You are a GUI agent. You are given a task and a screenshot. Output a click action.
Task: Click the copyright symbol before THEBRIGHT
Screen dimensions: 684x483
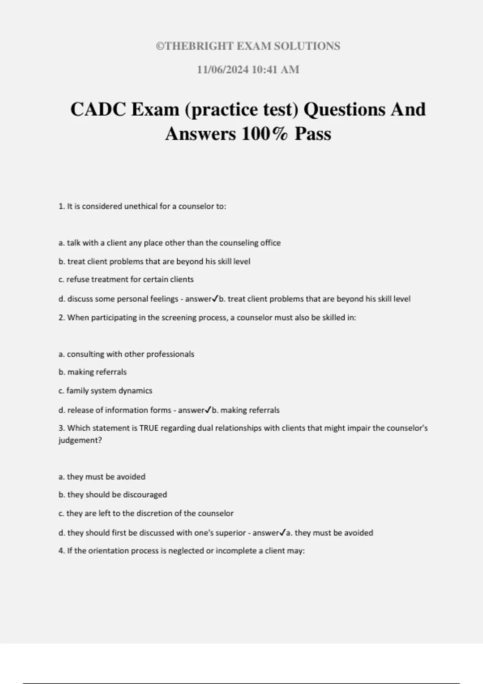tap(160, 46)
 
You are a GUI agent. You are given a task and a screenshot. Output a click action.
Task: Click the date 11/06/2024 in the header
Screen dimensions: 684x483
tap(223, 70)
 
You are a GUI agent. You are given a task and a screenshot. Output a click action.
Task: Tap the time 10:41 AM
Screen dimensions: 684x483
tap(275, 70)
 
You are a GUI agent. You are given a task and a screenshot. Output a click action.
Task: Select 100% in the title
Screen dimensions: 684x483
tap(265, 134)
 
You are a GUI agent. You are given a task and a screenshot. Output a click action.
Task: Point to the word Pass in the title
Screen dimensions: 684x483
tap(313, 134)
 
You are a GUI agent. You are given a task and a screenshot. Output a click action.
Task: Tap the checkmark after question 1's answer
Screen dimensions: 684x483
tap(215, 299)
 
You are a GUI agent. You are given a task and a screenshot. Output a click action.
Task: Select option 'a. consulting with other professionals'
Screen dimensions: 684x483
tap(126, 354)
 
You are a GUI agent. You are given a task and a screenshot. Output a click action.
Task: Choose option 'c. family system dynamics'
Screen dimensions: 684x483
tap(105, 391)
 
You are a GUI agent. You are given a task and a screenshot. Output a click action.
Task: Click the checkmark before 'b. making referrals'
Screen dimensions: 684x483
tap(208, 410)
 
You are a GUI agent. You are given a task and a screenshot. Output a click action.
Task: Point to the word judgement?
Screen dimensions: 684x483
tap(80, 440)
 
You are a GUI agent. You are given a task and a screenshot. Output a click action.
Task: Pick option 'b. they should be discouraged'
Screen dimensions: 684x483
tap(113, 494)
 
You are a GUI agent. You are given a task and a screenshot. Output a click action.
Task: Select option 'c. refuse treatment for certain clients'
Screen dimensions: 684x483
tap(126, 279)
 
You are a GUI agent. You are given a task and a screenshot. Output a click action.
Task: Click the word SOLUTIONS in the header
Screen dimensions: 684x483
tap(307, 46)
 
